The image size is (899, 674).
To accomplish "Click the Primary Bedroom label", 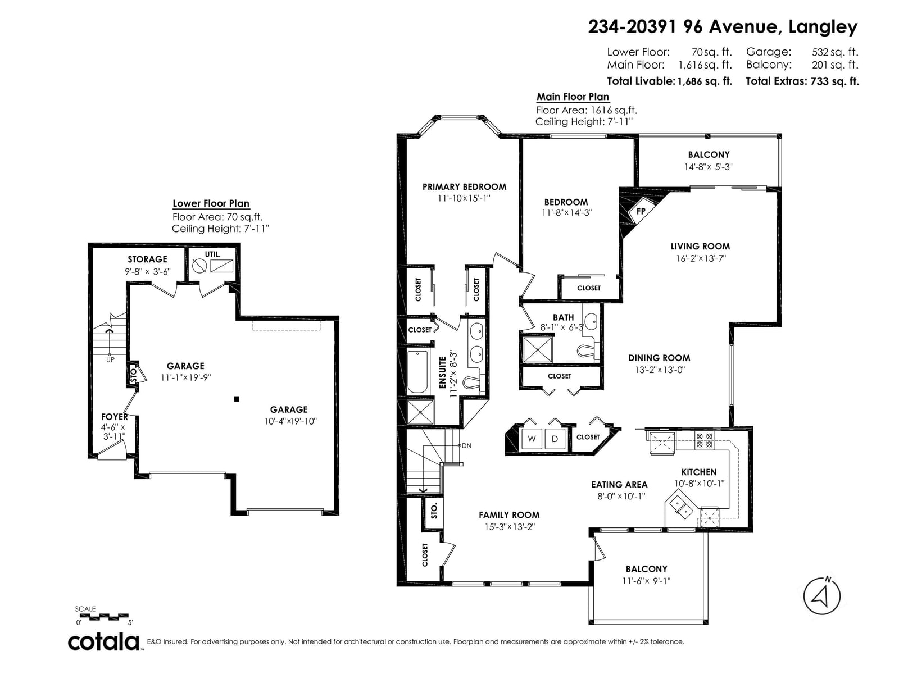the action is pos(464,187).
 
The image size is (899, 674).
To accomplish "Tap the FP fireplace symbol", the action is pos(641,211).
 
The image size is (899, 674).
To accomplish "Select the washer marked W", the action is pos(532,439).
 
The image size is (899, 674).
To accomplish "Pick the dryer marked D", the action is pos(555,439).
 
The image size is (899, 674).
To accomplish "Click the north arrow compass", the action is pos(821,596).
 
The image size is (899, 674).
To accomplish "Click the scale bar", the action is pos(102,616).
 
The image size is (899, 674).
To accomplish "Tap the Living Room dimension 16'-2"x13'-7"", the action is pos(701,258).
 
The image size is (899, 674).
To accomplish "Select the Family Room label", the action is pos(509,515).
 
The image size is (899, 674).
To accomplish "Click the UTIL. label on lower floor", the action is pos(212,254).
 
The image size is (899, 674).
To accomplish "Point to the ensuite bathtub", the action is pos(418,372).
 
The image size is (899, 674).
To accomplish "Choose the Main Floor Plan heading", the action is pos(573,97).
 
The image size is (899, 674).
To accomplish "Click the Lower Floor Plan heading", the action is pos(211,203).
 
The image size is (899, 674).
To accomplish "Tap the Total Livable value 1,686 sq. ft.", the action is pos(705,81).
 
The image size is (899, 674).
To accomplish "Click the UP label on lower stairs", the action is pos(110,359).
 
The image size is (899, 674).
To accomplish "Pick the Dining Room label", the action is pos(660,358).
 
